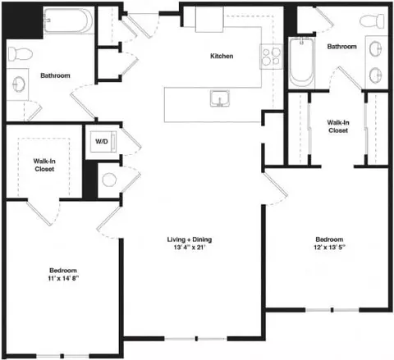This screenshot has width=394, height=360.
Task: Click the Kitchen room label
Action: pos(222,57)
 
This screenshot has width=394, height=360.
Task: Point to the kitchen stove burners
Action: pos(268,57)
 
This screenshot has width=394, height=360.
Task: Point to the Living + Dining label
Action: pos(190,239)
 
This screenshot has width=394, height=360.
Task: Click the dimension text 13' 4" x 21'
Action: pos(190,249)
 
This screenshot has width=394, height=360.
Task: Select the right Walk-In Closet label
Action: pos(338,125)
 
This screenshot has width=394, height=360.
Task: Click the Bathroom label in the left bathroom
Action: pos(55,75)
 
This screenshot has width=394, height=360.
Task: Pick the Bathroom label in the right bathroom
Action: pos(342,47)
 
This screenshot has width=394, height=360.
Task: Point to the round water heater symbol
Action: pos(109,180)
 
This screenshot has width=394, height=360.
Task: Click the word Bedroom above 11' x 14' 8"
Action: pos(62,271)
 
